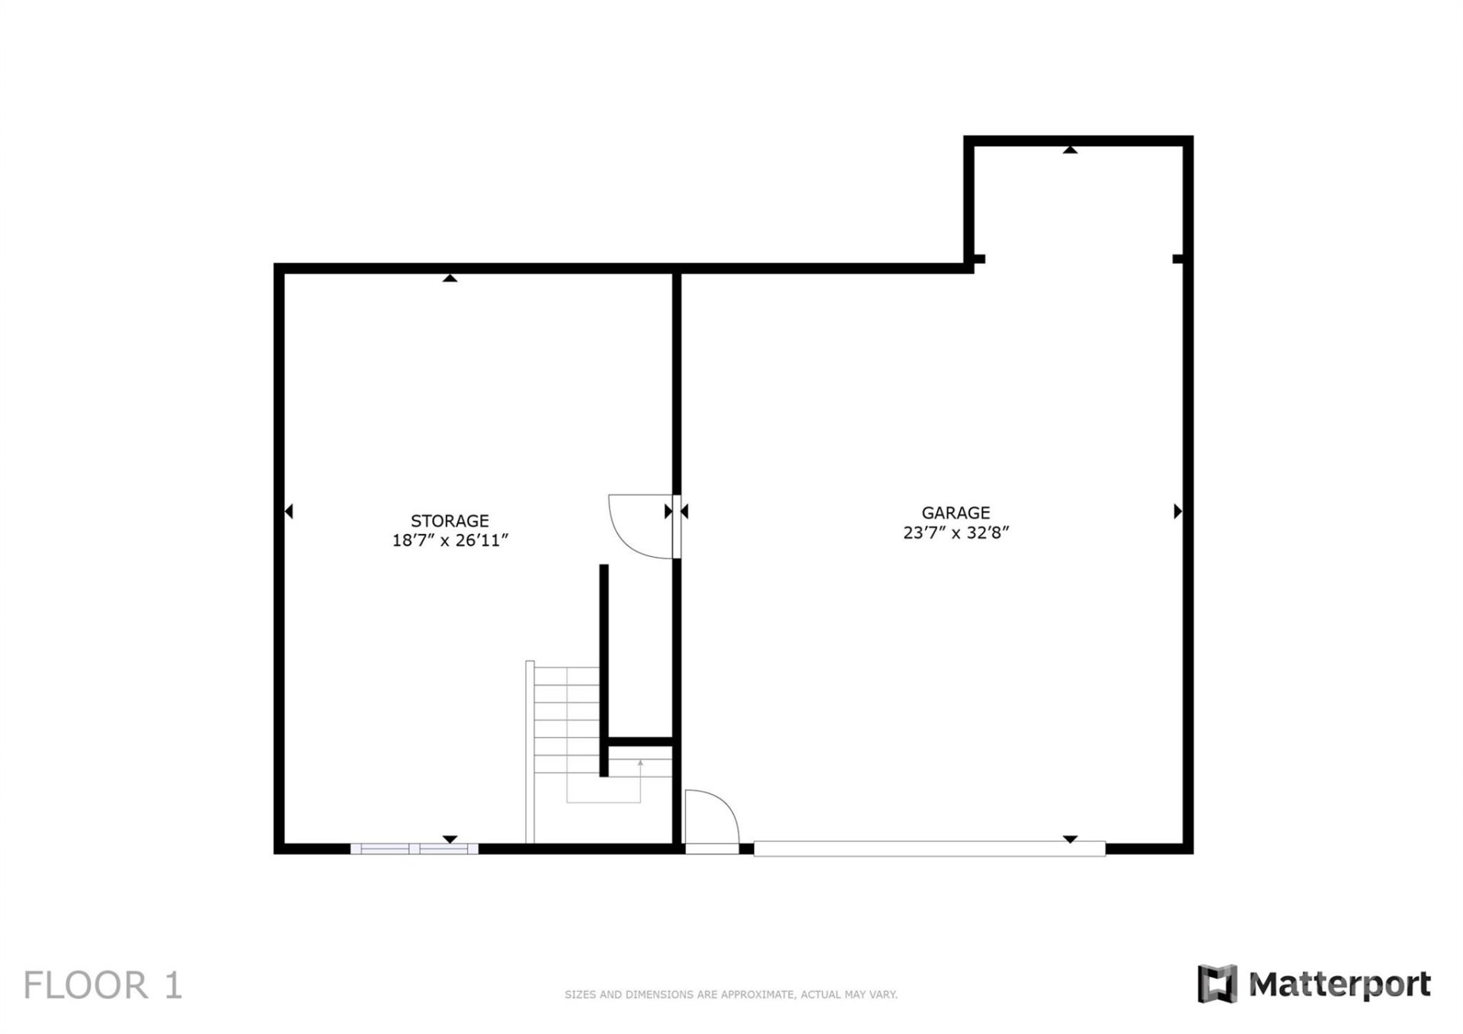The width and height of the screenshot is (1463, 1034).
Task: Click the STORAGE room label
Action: (450, 521)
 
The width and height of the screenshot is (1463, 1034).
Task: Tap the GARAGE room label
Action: (956, 513)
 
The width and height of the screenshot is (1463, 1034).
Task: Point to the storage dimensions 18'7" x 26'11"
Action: (450, 540)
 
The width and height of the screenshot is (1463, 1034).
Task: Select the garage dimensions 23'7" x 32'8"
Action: (956, 533)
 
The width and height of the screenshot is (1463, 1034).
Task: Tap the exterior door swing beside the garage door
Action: (710, 817)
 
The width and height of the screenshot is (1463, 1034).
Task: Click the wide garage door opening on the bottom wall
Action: (929, 848)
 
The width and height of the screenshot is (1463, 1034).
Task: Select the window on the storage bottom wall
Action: (414, 848)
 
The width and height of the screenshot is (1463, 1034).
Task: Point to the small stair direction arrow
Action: (640, 763)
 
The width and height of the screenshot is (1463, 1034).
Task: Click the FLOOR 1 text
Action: (103, 985)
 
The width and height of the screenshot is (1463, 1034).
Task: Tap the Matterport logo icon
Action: (1217, 984)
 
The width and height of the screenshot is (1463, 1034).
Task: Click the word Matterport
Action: (1340, 984)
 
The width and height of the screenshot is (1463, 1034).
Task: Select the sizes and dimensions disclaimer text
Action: (731, 994)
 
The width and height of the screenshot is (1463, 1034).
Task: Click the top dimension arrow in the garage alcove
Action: (1070, 150)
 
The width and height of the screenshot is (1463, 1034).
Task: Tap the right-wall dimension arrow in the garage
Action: (1177, 511)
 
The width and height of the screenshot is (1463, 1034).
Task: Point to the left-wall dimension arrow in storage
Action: (289, 511)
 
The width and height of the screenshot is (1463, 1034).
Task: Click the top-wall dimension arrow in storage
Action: (450, 278)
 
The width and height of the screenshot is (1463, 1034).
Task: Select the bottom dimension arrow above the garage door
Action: (1070, 839)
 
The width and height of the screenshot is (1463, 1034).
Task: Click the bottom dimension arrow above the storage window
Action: (450, 839)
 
